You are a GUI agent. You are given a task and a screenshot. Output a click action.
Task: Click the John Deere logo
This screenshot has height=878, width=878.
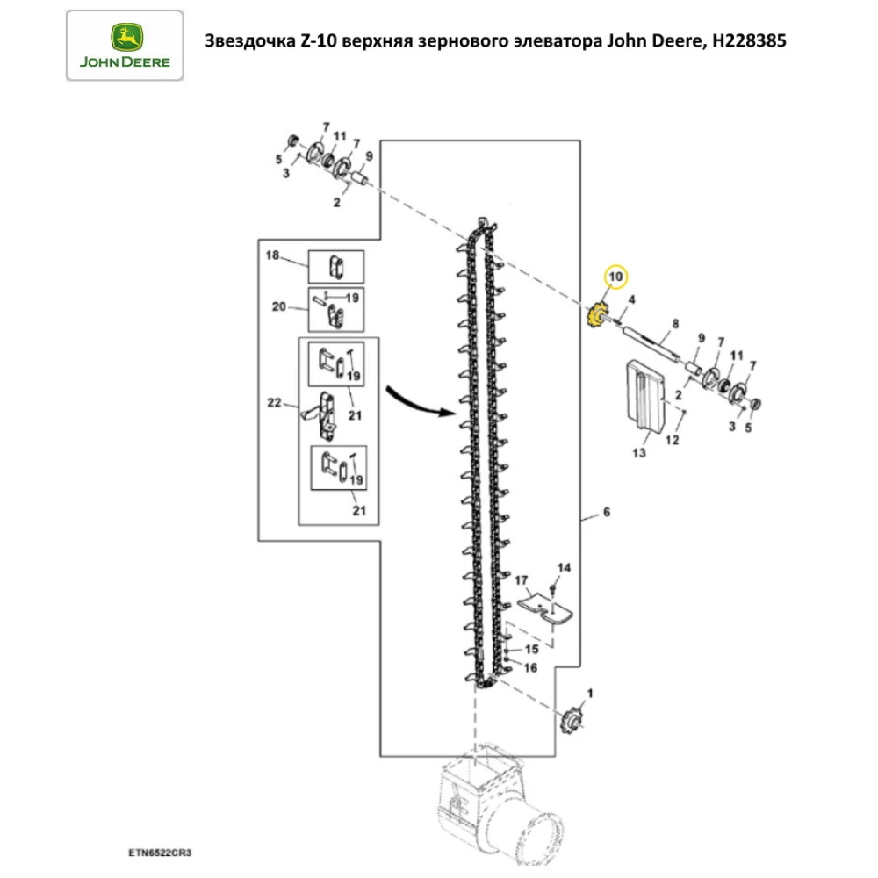125,45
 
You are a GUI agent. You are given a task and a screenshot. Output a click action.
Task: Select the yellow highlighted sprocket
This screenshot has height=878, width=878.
598,314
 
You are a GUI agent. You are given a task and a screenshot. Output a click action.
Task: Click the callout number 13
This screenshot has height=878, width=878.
638,453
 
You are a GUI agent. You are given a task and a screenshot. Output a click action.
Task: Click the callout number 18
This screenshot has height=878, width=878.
272,255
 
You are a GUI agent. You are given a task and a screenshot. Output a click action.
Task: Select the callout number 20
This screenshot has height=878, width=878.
279,306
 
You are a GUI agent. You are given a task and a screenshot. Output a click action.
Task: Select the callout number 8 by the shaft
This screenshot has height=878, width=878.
674,324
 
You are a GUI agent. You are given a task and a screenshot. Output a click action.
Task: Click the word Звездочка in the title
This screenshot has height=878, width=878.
246,40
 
